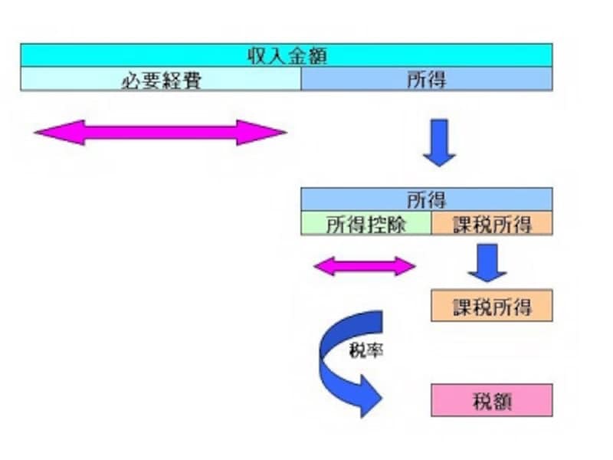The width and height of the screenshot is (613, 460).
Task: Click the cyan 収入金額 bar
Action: [286, 55]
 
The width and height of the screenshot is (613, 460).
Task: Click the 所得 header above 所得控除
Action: [426, 200]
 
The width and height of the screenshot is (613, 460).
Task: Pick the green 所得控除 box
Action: [366, 224]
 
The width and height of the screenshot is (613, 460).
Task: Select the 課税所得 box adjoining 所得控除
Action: [492, 224]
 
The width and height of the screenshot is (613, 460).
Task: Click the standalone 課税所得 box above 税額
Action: [492, 306]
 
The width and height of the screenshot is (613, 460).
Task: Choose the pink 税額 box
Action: [492, 400]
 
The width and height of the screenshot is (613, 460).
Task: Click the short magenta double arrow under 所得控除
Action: [365, 266]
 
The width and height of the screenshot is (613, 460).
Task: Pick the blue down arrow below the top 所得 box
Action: [439, 143]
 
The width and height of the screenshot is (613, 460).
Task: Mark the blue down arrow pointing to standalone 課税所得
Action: [487, 263]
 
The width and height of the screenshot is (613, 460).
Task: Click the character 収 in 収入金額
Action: [256, 55]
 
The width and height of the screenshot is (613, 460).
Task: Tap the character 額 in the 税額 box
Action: [503, 400]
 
